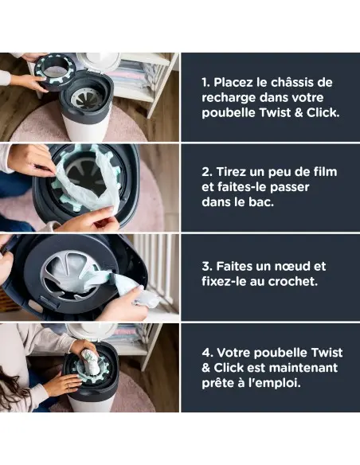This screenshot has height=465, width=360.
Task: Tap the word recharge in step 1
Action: pos(226,97)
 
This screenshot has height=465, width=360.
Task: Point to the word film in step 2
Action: pos(323,172)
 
